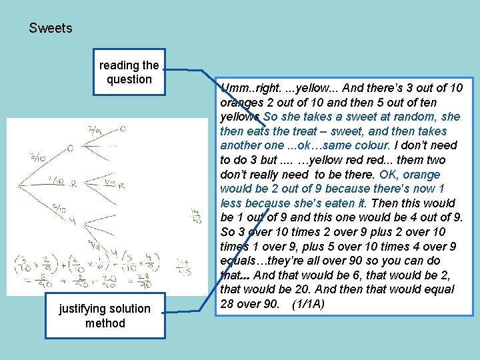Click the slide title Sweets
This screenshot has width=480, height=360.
pyautogui.click(x=51, y=29)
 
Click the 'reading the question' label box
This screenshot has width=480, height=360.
pyautogui.click(x=129, y=72)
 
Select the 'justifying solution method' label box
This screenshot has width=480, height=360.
pyautogui.click(x=105, y=316)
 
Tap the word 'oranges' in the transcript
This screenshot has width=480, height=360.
pyautogui.click(x=240, y=101)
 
